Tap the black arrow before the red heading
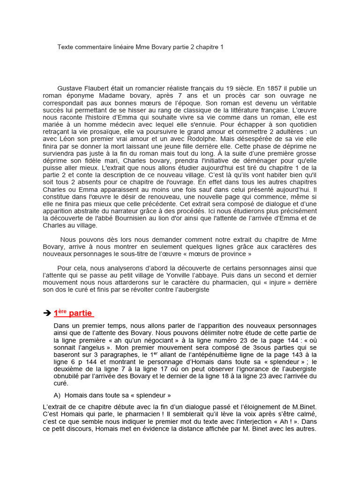(46, 314)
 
